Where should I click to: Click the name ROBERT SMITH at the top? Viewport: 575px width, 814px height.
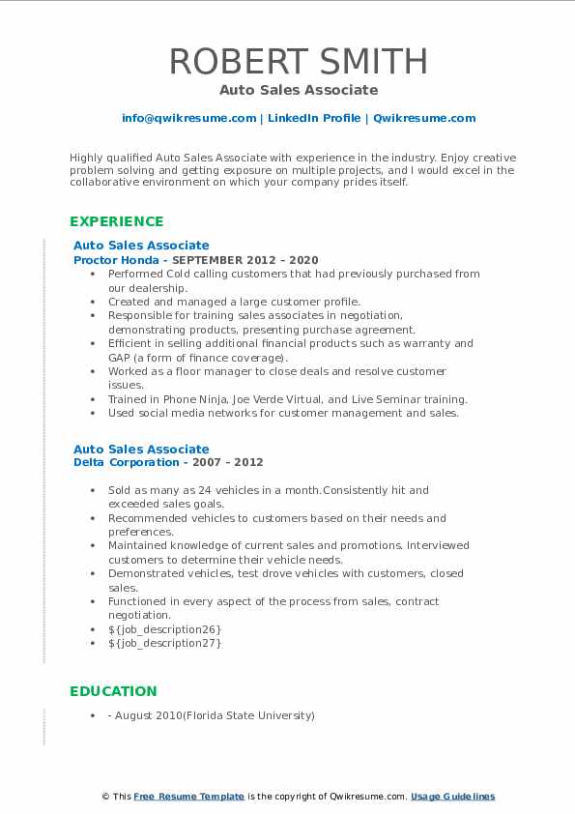click(x=298, y=61)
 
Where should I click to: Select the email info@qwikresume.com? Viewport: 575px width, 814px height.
click(x=188, y=118)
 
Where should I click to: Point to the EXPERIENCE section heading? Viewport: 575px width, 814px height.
click(x=116, y=221)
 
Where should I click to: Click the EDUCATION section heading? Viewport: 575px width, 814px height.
click(x=113, y=691)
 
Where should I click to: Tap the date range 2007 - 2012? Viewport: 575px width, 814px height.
click(x=229, y=463)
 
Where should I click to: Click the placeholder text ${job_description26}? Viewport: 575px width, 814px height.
click(x=165, y=629)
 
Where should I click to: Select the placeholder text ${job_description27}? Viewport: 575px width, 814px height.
click(x=165, y=643)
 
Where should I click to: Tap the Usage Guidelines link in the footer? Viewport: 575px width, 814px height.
click(x=452, y=797)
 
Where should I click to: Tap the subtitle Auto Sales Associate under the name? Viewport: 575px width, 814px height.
click(x=298, y=90)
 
